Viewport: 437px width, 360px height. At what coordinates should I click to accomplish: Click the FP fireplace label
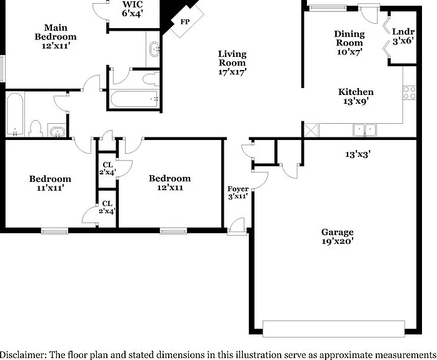click(185, 22)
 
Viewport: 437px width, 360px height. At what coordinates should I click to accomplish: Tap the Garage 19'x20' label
click(338, 236)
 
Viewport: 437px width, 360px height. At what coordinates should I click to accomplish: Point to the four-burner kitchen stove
click(409, 92)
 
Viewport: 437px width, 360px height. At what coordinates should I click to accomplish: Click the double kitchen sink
click(364, 130)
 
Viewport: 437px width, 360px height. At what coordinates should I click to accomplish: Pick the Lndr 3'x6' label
click(403, 36)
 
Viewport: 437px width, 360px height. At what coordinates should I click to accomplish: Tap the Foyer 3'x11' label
click(238, 192)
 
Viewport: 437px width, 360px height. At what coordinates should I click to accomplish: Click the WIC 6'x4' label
click(133, 9)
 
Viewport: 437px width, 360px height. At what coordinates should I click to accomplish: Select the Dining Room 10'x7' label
click(349, 42)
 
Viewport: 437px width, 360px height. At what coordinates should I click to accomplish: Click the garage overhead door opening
click(334, 329)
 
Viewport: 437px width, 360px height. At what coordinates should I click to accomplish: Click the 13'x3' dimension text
click(358, 154)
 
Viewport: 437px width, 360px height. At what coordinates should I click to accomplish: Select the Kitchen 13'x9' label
click(356, 96)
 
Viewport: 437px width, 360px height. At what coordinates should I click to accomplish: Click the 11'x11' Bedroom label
click(50, 183)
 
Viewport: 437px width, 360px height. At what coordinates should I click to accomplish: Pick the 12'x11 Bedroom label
click(169, 182)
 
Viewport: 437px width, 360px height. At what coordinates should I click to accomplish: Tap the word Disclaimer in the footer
click(23, 355)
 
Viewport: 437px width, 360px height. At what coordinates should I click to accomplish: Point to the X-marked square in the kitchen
click(311, 130)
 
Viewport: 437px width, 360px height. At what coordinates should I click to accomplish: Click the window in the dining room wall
click(328, 8)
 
